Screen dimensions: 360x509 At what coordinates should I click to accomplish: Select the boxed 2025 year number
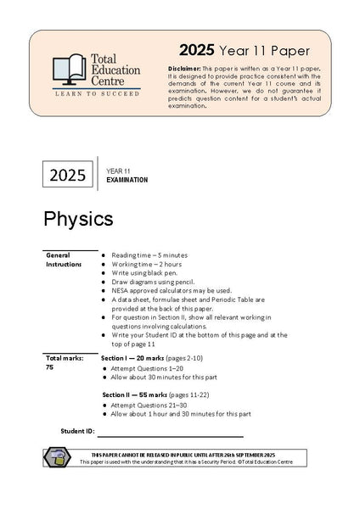tap(68, 176)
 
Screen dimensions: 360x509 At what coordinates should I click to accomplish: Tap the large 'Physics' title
tap(78, 218)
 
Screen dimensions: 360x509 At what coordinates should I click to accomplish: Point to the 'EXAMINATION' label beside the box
tap(127, 180)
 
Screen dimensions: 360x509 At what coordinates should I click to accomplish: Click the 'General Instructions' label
tap(64, 259)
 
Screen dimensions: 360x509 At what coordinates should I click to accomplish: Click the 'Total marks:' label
tap(65, 358)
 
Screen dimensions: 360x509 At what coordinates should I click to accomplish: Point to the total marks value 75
tap(50, 367)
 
